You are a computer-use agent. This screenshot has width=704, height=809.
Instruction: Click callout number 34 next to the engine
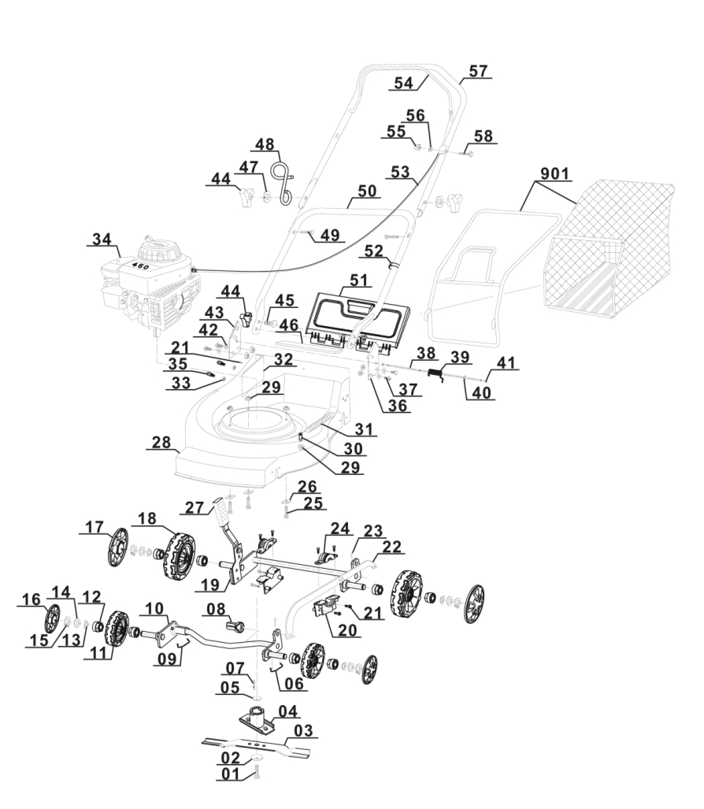(x=102, y=239)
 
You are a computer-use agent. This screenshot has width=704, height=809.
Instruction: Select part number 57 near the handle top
(x=477, y=71)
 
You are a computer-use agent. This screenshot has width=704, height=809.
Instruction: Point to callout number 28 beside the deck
(x=161, y=444)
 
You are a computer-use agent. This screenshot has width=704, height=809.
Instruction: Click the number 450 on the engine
(x=141, y=266)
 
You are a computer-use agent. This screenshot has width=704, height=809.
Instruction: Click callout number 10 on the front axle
(x=154, y=608)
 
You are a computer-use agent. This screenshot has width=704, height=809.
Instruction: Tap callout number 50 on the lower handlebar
(x=365, y=191)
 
